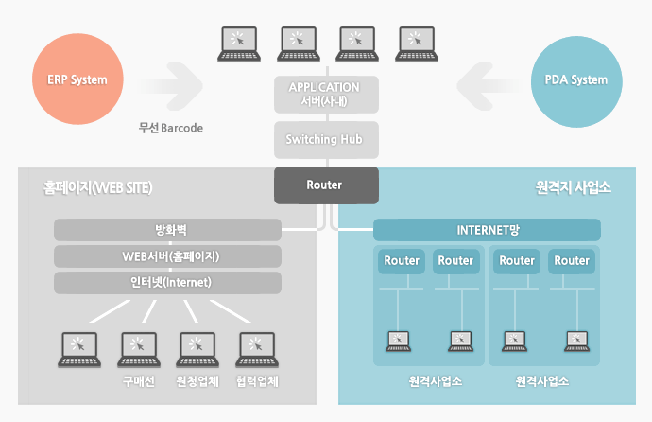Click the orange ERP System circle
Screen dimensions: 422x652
tap(77, 79)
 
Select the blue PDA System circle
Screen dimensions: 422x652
tap(576, 79)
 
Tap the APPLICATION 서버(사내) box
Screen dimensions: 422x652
tap(325, 94)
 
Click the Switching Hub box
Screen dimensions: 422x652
tap(325, 140)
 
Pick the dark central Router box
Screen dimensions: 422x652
tap(325, 185)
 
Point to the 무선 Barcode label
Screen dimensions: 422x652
tap(171, 128)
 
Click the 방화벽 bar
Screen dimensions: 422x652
tap(167, 230)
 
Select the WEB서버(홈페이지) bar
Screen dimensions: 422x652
tap(167, 256)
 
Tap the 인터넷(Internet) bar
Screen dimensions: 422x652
tap(167, 282)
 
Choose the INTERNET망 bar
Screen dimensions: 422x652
tap(488, 230)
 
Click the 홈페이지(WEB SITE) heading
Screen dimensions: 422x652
tap(98, 187)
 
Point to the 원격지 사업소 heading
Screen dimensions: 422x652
tap(573, 187)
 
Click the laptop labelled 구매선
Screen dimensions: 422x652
tap(138, 349)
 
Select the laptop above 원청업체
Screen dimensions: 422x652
tap(197, 349)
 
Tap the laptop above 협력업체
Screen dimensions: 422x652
tap(257, 349)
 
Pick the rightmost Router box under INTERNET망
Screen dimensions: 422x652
tap(572, 261)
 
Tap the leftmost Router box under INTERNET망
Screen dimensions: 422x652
tap(402, 261)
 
